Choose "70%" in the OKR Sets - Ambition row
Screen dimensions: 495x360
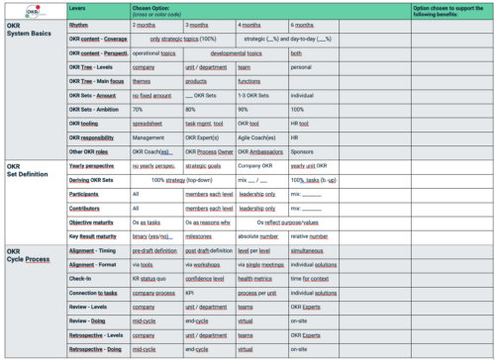(x=138, y=109)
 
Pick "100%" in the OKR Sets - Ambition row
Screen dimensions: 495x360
(x=298, y=109)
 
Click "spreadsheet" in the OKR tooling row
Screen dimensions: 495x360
(x=149, y=124)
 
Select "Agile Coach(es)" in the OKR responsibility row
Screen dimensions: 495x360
(x=257, y=137)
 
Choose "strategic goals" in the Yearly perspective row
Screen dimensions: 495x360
(x=204, y=167)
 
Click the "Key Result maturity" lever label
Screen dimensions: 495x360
(x=96, y=237)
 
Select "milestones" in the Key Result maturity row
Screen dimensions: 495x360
(x=201, y=237)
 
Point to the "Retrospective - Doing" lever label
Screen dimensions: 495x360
(x=95, y=350)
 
